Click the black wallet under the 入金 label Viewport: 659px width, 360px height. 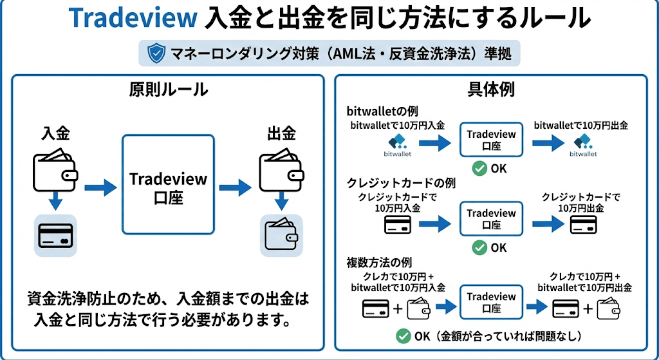pyautogui.click(x=55, y=168)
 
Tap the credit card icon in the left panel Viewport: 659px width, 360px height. pyautogui.click(x=55, y=236)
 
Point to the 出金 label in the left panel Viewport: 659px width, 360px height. pyautogui.click(x=281, y=134)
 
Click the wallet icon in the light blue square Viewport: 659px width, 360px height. pyautogui.click(x=281, y=236)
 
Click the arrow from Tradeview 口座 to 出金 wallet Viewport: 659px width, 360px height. pyautogui.click(x=235, y=188)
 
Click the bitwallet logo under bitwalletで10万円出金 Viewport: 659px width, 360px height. pyautogui.click(x=583, y=145)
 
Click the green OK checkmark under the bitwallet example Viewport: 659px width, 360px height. pyautogui.click(x=479, y=169)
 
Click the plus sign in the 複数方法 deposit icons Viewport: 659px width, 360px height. pyautogui.click(x=398, y=308)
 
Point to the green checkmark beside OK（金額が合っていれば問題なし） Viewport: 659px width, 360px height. pyautogui.click(x=404, y=336)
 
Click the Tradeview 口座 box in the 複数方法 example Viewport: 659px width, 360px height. pyautogui.click(x=491, y=303)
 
